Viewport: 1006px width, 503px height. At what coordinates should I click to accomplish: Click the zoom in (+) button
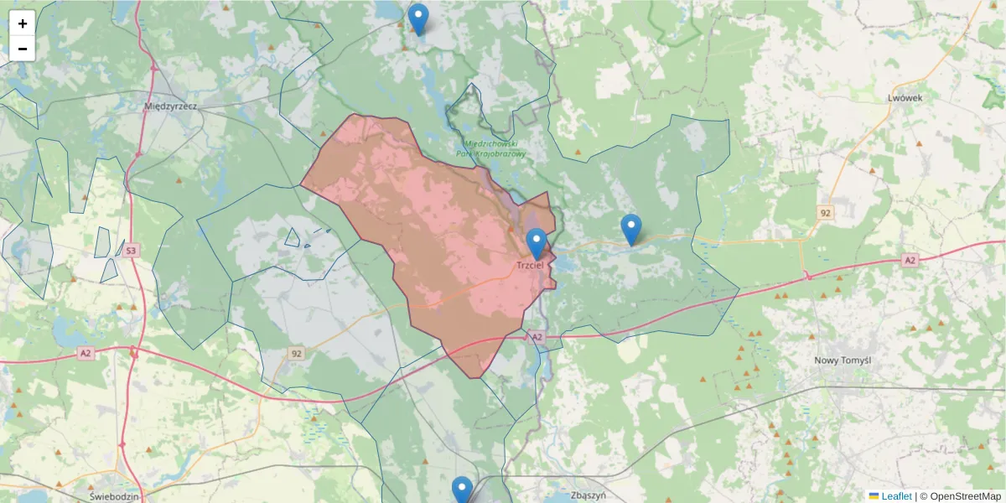pos(23,23)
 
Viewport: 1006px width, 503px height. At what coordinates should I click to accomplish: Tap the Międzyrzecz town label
pos(170,106)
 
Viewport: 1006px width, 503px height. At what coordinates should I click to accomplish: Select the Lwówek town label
pos(905,97)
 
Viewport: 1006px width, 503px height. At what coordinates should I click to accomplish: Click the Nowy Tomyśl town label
pos(843,360)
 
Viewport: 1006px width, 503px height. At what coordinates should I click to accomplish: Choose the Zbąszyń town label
pos(587,495)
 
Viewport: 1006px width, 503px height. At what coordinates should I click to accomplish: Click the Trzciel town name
pos(532,265)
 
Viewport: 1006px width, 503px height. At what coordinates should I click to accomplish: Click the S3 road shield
pos(131,250)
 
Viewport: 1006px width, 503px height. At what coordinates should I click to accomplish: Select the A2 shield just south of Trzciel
pos(537,337)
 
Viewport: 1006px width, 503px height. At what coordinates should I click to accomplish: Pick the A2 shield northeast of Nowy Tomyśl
pos(910,261)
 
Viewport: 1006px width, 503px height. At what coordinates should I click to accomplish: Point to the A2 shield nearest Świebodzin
pos(86,354)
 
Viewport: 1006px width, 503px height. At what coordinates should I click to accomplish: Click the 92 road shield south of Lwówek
pos(826,213)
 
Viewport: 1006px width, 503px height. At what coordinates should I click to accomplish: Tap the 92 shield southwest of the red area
pos(296,354)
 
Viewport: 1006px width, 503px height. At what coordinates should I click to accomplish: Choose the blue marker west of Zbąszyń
pos(462,490)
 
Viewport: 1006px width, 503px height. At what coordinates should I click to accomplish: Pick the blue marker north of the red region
pos(417,18)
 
